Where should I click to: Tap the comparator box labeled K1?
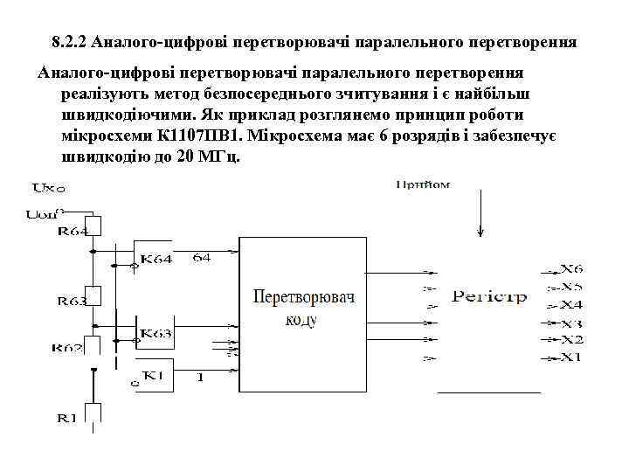[x=154, y=376]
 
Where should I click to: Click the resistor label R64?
[x=73, y=232]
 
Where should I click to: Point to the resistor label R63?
[x=73, y=301]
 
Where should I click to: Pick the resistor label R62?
[x=73, y=348]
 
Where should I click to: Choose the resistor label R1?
[x=66, y=418]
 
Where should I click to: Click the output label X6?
[x=571, y=269]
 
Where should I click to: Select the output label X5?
[x=571, y=287]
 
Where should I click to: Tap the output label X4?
[x=571, y=304]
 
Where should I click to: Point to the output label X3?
[x=571, y=323]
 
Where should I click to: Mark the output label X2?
[x=571, y=339]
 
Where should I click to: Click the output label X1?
[x=571, y=357]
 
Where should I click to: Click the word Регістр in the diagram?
[x=489, y=297]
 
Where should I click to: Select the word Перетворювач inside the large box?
[x=303, y=298]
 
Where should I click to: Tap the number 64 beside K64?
[x=202, y=257]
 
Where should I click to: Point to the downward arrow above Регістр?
[x=480, y=214]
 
